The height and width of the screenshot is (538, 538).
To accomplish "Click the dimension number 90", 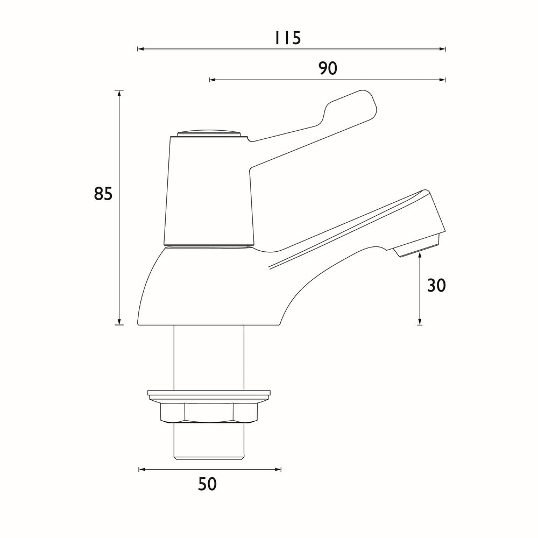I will [x=327, y=69].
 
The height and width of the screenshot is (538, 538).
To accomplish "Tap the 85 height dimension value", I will [x=103, y=194].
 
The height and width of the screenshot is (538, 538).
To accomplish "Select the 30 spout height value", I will [x=436, y=286].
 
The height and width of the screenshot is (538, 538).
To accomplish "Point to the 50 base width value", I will [x=207, y=484].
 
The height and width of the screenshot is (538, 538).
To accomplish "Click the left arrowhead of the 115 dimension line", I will [x=140, y=49].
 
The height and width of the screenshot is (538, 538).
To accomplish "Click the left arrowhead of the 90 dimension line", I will [x=212, y=80].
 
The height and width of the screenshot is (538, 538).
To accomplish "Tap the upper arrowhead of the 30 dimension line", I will [x=420, y=257].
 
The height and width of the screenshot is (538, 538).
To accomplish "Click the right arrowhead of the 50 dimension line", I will [x=278, y=470].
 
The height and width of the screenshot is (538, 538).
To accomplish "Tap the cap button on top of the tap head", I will [x=208, y=133].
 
